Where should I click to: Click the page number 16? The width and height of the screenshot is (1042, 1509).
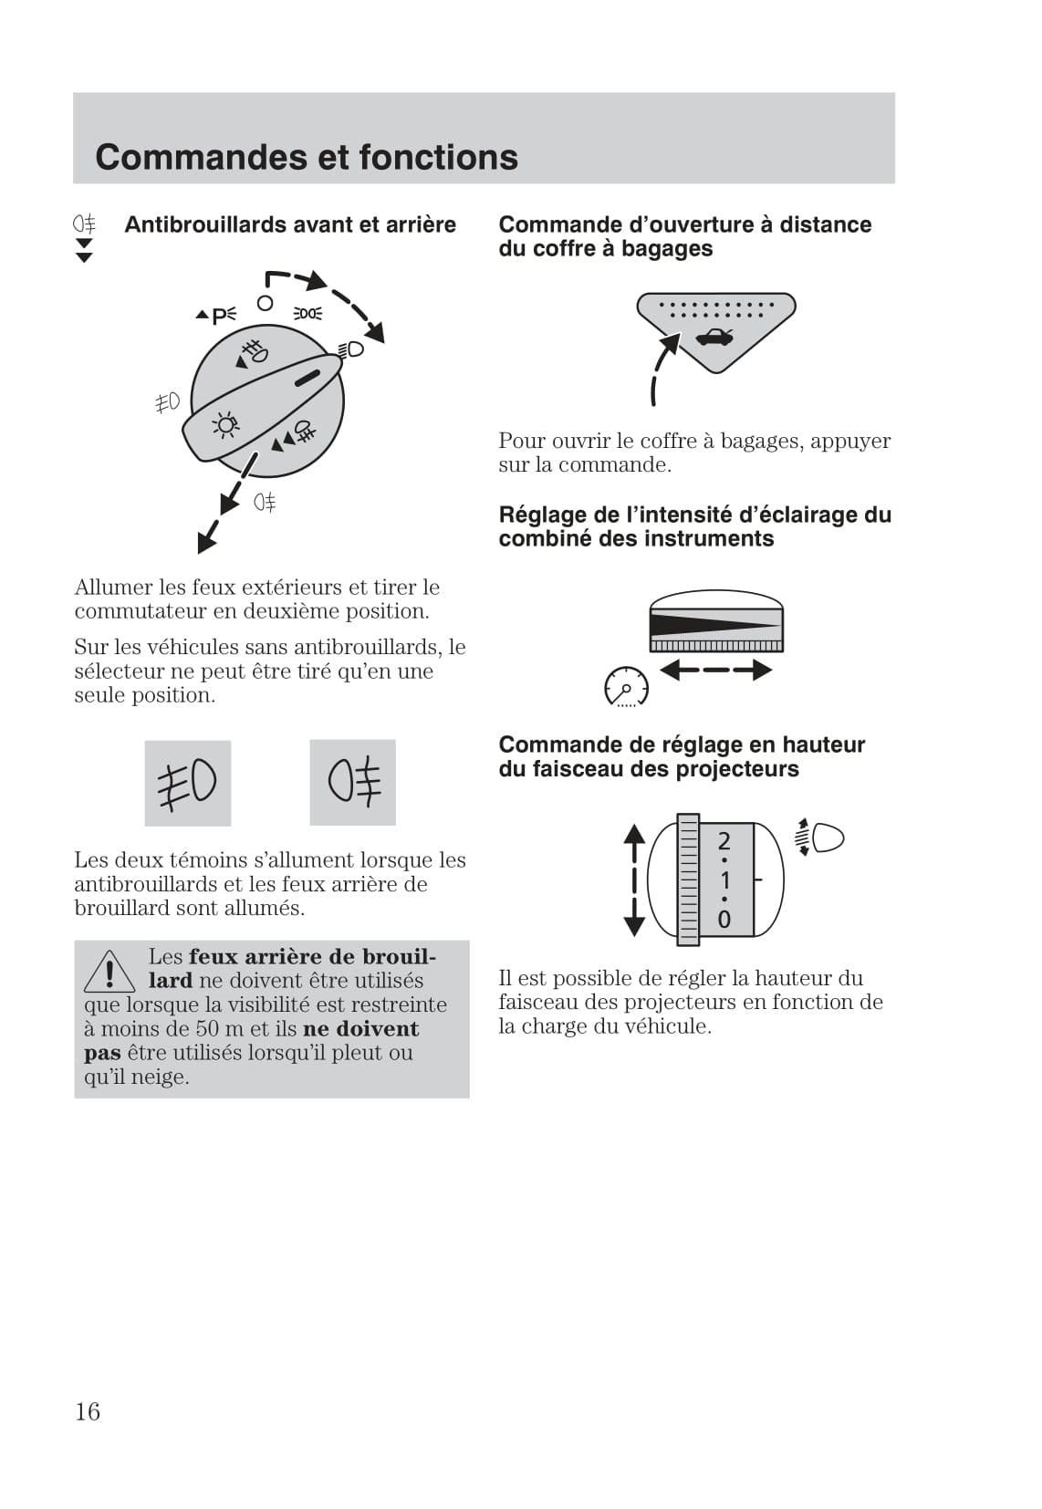tap(88, 1411)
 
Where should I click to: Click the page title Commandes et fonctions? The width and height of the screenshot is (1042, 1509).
tap(307, 157)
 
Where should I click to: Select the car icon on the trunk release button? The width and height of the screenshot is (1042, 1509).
tap(714, 338)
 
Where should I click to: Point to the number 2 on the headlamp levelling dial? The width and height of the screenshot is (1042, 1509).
tap(724, 840)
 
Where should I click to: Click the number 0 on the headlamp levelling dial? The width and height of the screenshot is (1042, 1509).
tap(724, 919)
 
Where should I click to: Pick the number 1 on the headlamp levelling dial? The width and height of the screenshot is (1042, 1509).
tap(724, 880)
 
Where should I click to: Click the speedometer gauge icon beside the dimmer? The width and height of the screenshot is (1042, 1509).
tap(626, 686)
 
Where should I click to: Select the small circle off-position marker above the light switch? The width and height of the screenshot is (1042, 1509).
tap(265, 303)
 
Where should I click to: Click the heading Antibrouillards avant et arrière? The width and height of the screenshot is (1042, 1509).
tap(290, 224)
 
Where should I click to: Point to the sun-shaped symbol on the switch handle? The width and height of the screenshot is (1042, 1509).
tap(225, 425)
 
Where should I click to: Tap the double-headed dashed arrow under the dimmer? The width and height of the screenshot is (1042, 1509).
tap(715, 671)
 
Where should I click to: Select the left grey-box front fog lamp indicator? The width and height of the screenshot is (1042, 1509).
tap(188, 783)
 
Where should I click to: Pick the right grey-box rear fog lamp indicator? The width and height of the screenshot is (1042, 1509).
tap(353, 783)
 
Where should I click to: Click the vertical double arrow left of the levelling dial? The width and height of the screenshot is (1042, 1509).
tap(634, 879)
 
